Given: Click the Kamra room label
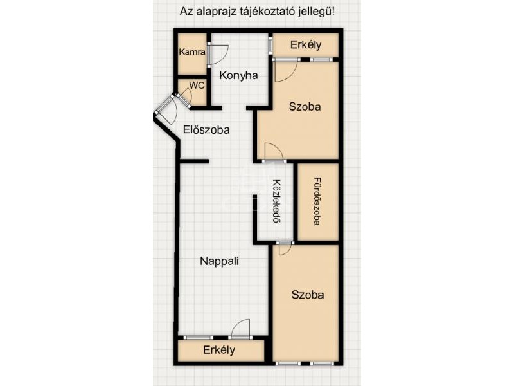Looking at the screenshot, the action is [x=192, y=52].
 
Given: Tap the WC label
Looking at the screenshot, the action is [x=197, y=86].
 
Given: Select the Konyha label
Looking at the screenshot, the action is [x=238, y=75].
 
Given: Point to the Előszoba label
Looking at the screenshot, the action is [x=206, y=130].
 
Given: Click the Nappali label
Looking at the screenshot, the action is [x=219, y=262].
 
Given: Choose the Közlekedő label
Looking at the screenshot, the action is [x=278, y=201].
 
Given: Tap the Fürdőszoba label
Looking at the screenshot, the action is [x=317, y=201].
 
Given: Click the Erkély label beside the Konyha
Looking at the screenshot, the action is [x=306, y=45].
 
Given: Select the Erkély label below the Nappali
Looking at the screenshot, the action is [x=219, y=350].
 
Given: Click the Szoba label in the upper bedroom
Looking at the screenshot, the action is [x=305, y=107].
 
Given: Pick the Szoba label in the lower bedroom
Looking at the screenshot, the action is [x=308, y=295].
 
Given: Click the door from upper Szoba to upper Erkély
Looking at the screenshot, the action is [x=286, y=71].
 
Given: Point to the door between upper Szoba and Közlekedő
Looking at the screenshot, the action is [x=274, y=152].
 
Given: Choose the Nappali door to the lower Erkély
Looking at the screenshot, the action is [x=240, y=328].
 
